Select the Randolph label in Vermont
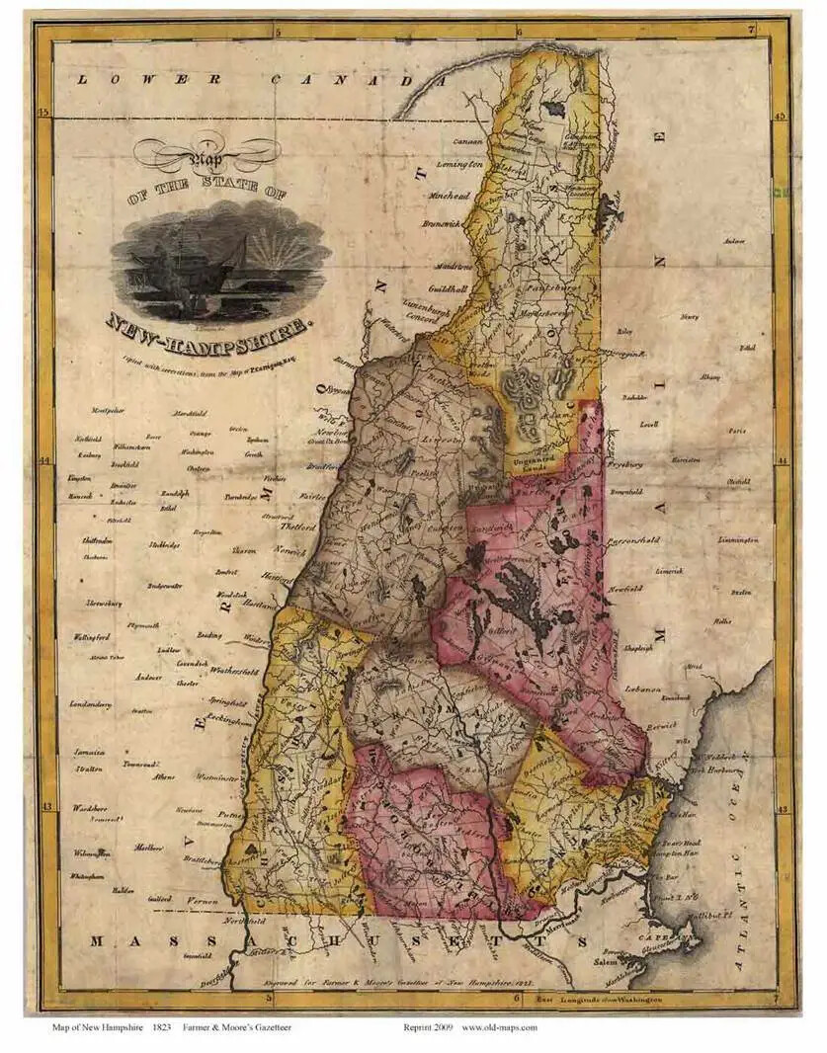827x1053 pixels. (x=174, y=491)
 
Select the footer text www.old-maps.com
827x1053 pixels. (x=499, y=1027)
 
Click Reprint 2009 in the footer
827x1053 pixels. (x=428, y=1027)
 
